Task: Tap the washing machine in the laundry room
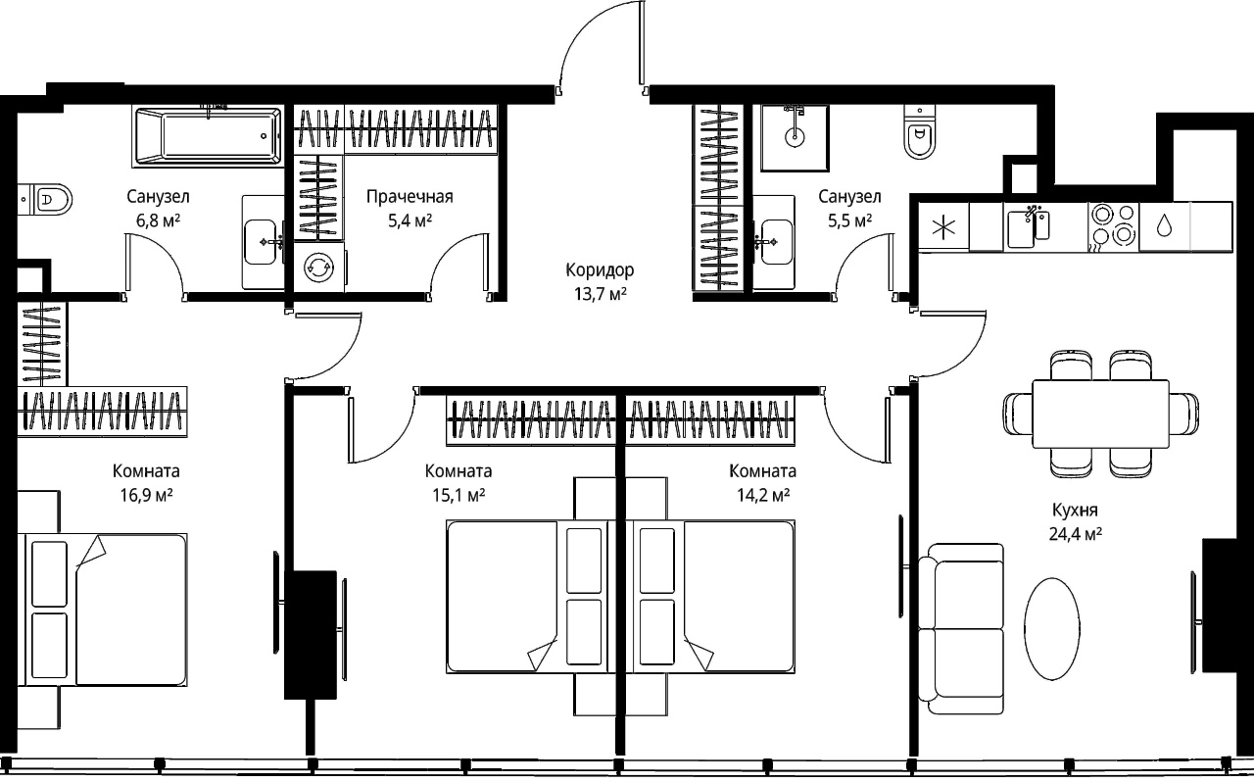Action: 319,268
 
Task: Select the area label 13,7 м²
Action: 601,294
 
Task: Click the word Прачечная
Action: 410,197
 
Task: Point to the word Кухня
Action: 1075,511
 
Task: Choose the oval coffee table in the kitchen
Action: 1052,629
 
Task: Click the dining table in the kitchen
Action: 1100,414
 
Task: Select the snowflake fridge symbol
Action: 943,227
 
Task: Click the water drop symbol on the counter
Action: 1165,225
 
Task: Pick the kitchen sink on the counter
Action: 1028,227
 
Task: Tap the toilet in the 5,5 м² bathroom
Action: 919,132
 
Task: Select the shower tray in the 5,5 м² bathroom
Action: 795,137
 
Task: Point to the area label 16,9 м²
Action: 146,495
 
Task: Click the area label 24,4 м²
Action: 1076,534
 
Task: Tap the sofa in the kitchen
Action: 961,629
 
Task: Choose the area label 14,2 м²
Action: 763,495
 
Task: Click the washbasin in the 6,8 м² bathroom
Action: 264,242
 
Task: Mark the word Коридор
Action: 601,270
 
